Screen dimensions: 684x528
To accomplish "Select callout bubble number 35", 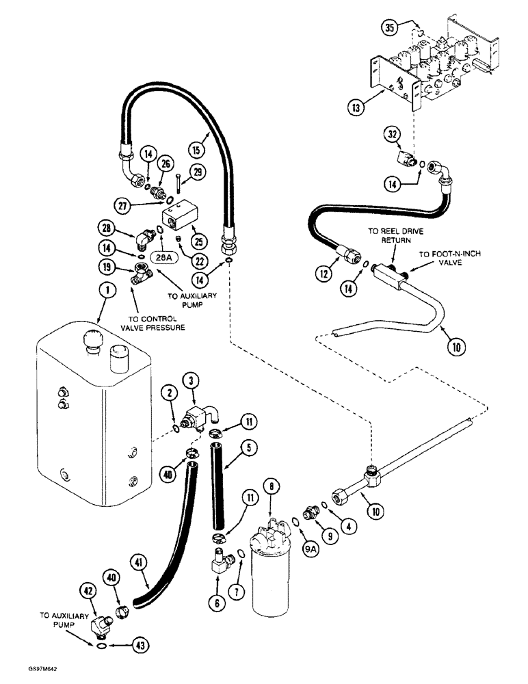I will coord(390,29).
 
